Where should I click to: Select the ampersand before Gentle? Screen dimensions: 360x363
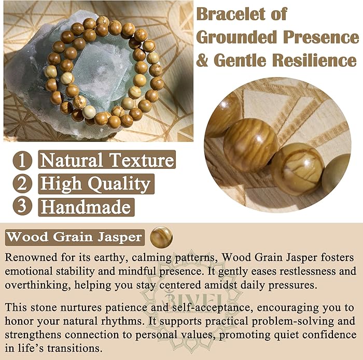tap(203, 60)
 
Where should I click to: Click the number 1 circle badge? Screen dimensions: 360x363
tap(22, 160)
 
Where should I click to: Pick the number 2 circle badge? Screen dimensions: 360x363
tap(22, 183)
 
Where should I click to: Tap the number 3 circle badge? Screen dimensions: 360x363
tap(22, 206)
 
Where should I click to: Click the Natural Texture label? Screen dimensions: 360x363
tap(107, 160)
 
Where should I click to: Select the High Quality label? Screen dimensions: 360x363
tap(95, 183)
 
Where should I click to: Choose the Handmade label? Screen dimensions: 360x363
tap(86, 207)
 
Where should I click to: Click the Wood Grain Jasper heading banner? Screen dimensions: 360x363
tap(75, 238)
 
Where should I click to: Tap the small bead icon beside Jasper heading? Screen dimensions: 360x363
tap(161, 238)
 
